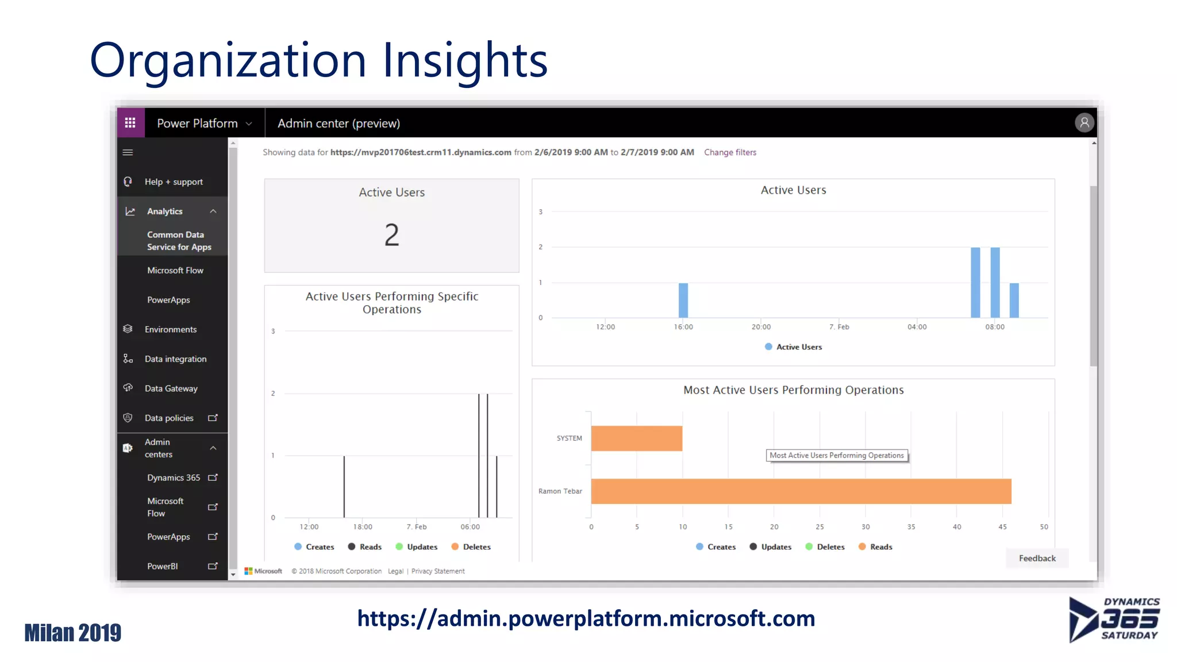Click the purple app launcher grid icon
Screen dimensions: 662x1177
point(130,123)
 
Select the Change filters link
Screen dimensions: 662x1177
point(730,152)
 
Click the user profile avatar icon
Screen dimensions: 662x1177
point(1084,123)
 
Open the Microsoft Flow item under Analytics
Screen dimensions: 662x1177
point(175,271)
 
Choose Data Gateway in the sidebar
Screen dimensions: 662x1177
point(171,388)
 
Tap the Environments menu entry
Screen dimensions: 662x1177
point(170,329)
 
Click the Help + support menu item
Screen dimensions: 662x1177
point(173,182)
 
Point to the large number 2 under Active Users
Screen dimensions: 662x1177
point(391,235)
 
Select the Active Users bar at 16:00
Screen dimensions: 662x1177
point(683,300)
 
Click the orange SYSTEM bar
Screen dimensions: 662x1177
point(636,438)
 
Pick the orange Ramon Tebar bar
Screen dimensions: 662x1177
point(801,491)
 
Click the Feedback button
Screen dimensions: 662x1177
point(1037,558)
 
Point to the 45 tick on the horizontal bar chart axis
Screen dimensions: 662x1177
point(1002,527)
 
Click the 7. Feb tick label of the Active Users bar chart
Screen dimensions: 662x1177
point(838,327)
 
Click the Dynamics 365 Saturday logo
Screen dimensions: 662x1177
point(1114,619)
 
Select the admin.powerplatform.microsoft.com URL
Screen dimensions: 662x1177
point(586,619)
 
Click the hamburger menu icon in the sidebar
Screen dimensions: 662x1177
point(128,152)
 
